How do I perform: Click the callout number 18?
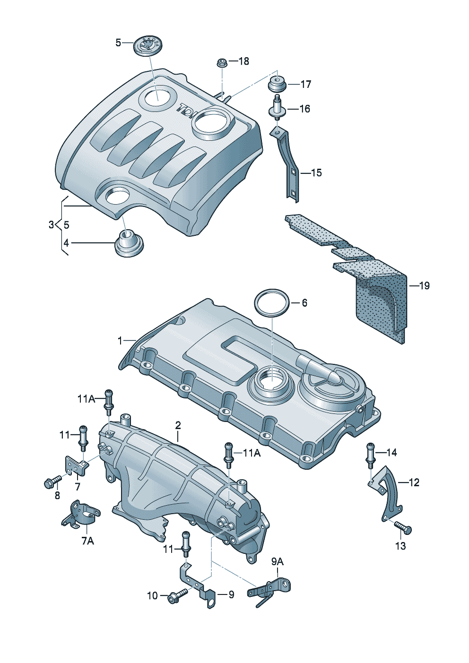click(243, 61)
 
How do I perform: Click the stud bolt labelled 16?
click(277, 108)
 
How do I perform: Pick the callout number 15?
click(316, 172)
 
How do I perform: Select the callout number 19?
click(424, 285)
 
